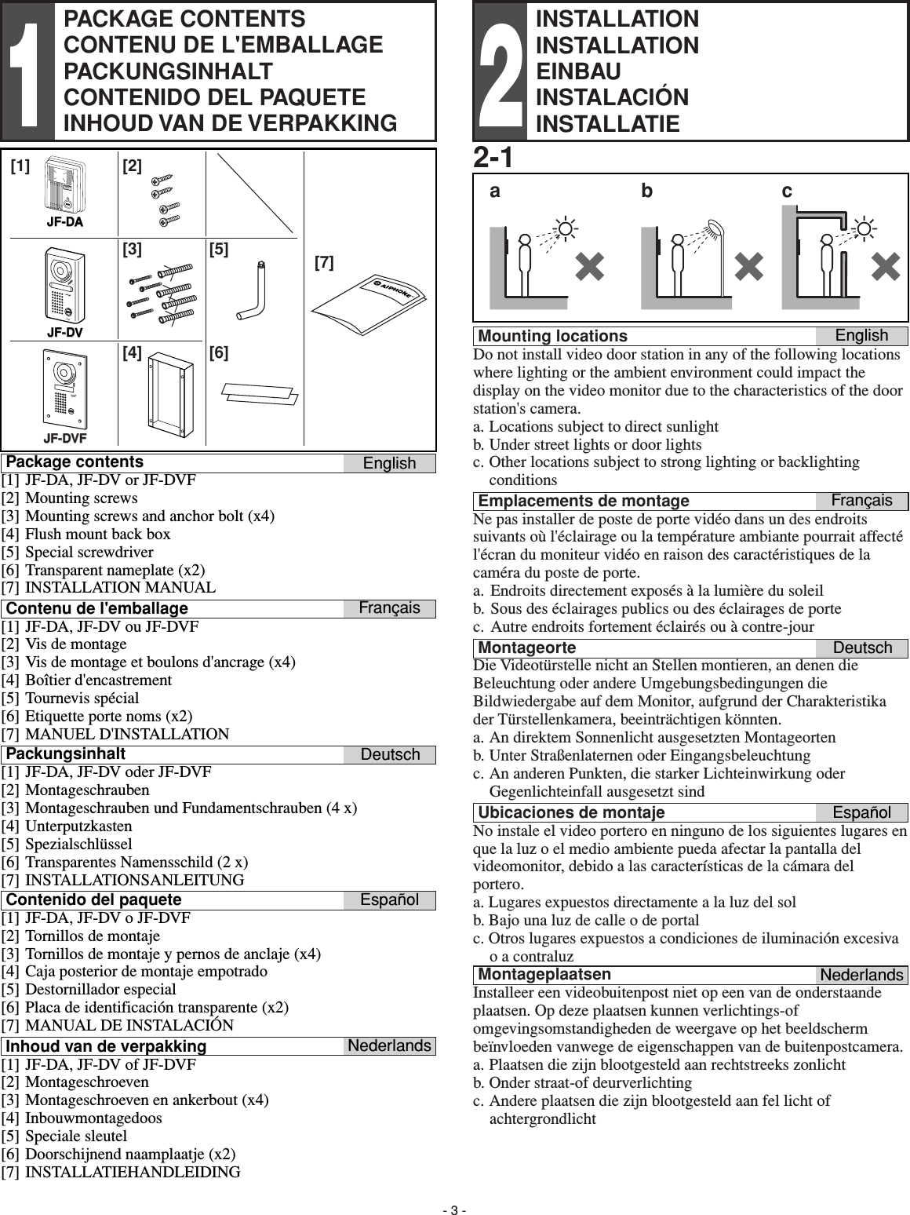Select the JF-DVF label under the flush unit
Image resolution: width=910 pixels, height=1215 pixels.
pyautogui.click(x=65, y=437)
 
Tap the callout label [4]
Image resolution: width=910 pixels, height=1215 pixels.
pyautogui.click(x=132, y=353)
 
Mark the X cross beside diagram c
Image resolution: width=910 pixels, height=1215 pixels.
pyautogui.click(x=885, y=268)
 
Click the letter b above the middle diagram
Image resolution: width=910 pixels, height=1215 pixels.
pyautogui.click(x=647, y=191)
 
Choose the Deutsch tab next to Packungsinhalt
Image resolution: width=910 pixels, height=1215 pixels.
pyautogui.click(x=390, y=754)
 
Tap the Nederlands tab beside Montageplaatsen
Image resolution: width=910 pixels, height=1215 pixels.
pyautogui.click(x=861, y=975)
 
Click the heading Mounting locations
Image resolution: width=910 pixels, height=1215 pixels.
pyautogui.click(x=552, y=336)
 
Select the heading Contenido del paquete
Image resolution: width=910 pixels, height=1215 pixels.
pyautogui.click(x=93, y=899)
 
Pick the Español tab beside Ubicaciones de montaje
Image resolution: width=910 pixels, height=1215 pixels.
pyautogui.click(x=861, y=812)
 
